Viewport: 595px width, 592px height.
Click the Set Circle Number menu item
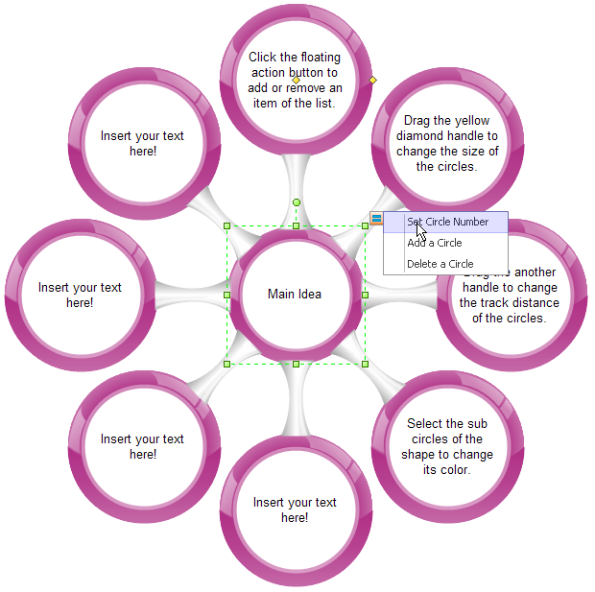point(447,222)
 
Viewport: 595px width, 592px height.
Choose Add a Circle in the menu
point(434,243)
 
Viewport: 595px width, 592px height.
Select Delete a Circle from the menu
point(440,264)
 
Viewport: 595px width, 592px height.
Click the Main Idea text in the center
point(295,294)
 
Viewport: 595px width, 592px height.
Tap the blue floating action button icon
point(376,219)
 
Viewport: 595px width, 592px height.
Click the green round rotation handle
point(297,202)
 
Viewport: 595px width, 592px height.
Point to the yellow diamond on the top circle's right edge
point(373,80)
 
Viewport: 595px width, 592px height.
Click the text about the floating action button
point(295,80)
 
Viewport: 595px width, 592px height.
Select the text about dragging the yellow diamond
point(446,144)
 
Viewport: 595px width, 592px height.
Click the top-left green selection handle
point(227,226)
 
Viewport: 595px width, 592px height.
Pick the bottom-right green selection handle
point(365,364)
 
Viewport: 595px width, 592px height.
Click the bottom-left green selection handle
point(227,364)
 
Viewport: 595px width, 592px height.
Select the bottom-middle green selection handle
point(296,364)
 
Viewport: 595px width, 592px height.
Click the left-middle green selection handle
point(227,295)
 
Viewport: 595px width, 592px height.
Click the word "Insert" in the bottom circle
point(270,502)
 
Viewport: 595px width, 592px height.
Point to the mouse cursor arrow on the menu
point(420,230)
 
